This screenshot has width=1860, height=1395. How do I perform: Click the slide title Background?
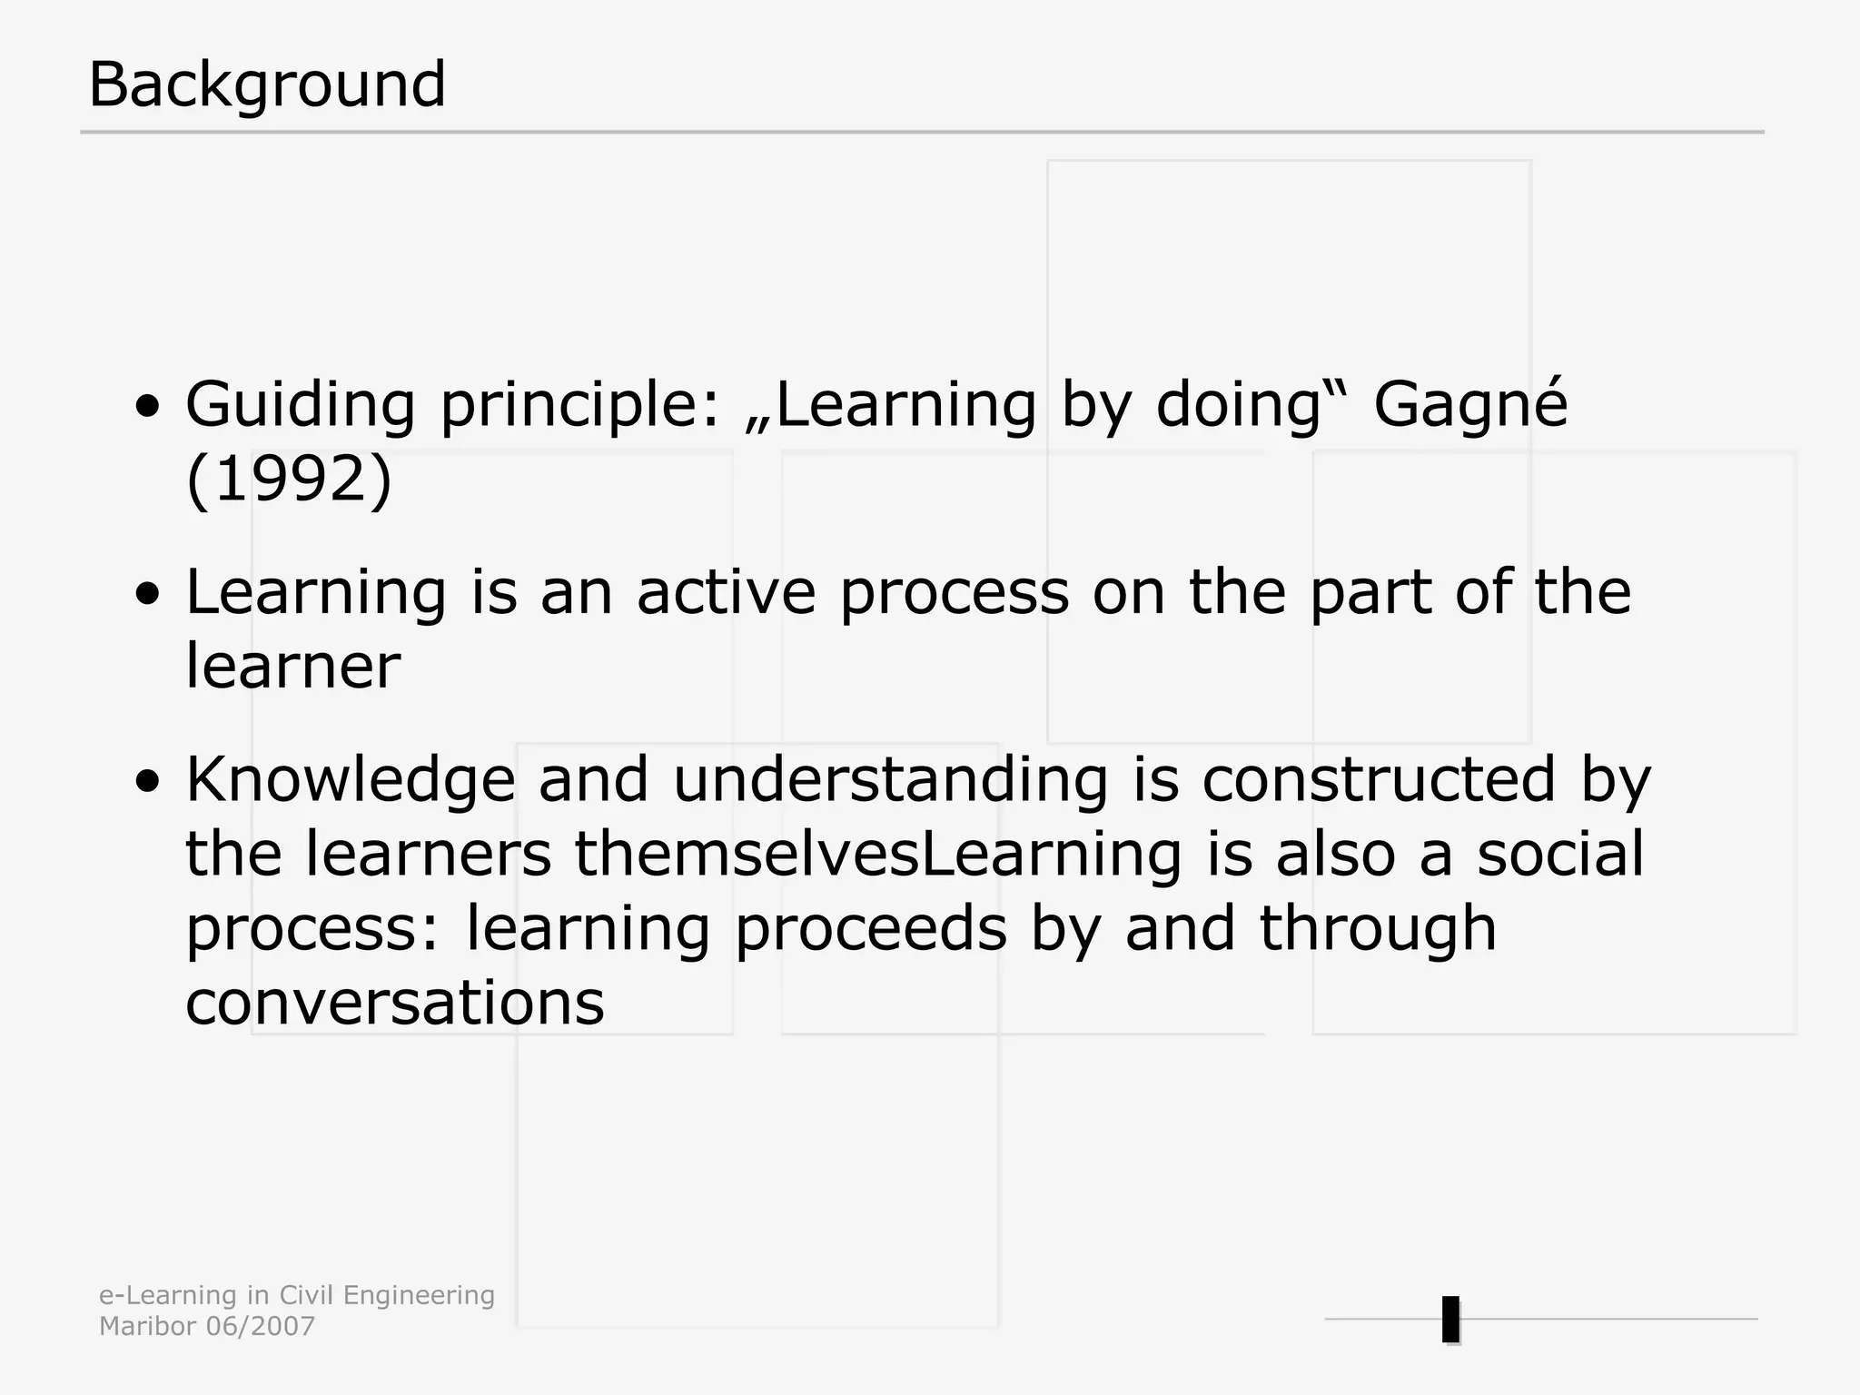pos(267,84)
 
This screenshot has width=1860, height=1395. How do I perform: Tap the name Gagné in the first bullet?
pos(1470,404)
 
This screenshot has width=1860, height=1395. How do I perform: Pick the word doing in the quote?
pos(1237,404)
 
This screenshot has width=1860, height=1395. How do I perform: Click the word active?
pos(727,592)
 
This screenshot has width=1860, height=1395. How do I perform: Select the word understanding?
pos(890,780)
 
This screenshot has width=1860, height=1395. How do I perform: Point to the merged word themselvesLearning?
pos(878,855)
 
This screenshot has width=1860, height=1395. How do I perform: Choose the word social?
pos(1560,855)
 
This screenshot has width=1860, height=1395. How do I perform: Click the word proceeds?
pos(871,929)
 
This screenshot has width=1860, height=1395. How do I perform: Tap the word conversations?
pos(395,1004)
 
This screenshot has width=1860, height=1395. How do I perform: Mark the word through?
pos(1378,929)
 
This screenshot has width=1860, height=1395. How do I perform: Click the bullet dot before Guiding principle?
pos(148,406)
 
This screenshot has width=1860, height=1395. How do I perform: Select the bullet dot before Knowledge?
pos(148,781)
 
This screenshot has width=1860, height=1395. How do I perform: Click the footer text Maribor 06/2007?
pos(207,1327)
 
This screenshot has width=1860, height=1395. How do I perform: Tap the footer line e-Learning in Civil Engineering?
pos(297,1296)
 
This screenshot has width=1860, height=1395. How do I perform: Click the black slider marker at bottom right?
pos(1450,1320)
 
